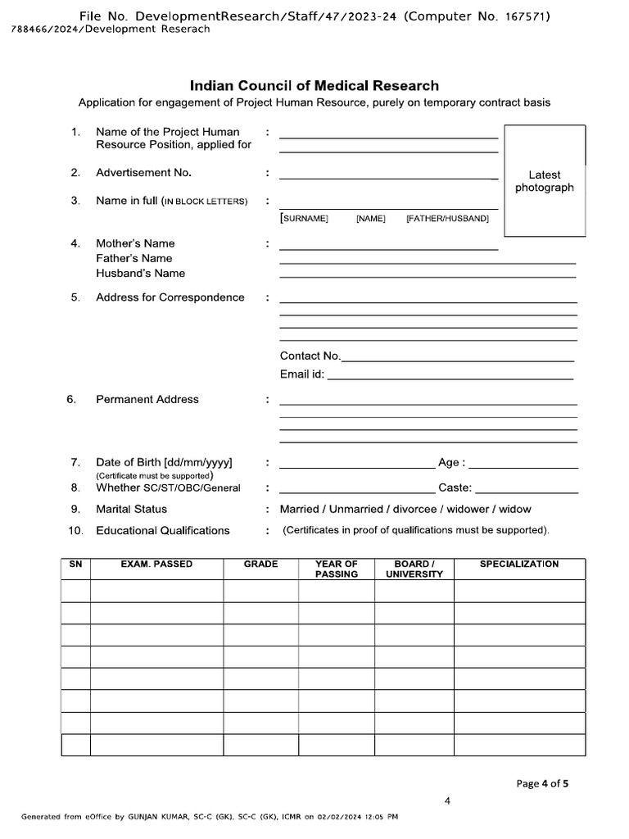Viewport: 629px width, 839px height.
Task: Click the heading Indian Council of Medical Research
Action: [314, 85]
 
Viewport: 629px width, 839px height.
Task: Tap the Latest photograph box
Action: [544, 181]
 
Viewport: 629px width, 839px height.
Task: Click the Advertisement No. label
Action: [143, 173]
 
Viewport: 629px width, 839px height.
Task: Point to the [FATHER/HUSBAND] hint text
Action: [447, 219]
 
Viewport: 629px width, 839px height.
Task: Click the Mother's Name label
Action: [135, 243]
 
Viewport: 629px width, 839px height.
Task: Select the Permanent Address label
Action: [147, 399]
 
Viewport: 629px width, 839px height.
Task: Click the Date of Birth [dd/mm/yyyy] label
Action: [164, 462]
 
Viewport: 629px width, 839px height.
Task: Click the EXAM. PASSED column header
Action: [156, 565]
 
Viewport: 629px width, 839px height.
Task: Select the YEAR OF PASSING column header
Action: [336, 569]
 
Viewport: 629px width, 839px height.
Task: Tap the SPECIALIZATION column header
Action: [519, 565]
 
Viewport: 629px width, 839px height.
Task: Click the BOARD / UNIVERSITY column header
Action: [414, 569]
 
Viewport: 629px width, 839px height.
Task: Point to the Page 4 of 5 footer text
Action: [542, 783]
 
